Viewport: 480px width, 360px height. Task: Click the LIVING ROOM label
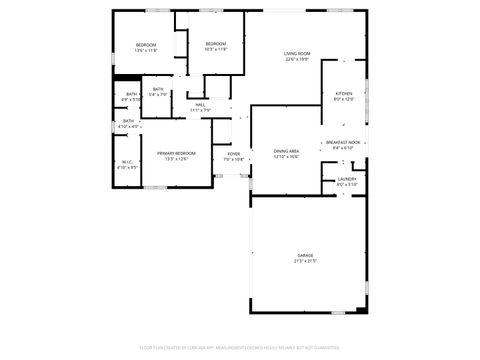pyautogui.click(x=297, y=53)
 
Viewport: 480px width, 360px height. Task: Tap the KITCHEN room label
pyautogui.click(x=343, y=93)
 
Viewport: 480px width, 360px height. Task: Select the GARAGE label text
pyautogui.click(x=305, y=255)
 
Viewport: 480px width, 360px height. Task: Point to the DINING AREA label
pyautogui.click(x=287, y=151)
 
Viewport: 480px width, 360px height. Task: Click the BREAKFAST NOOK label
pyautogui.click(x=343, y=142)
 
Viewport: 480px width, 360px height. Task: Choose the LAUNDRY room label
pyautogui.click(x=346, y=179)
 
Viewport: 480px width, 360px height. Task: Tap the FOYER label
pyautogui.click(x=233, y=153)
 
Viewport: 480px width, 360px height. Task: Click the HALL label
pyautogui.click(x=200, y=104)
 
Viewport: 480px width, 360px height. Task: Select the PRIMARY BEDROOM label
pyautogui.click(x=176, y=153)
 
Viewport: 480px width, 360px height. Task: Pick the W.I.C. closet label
pyautogui.click(x=127, y=162)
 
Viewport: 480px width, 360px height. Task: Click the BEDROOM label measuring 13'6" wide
pyautogui.click(x=147, y=45)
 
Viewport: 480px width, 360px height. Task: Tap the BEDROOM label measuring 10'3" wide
pyautogui.click(x=216, y=44)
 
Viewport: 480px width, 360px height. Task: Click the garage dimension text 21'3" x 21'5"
pyautogui.click(x=305, y=261)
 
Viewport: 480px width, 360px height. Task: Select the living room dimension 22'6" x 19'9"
pyautogui.click(x=297, y=59)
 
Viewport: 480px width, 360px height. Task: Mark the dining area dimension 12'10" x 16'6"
pyautogui.click(x=287, y=157)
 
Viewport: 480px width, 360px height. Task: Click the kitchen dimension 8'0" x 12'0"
pyautogui.click(x=343, y=99)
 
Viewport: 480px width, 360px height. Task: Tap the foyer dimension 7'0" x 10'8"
pyautogui.click(x=233, y=159)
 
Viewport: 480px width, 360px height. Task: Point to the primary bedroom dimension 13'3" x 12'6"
pyautogui.click(x=176, y=159)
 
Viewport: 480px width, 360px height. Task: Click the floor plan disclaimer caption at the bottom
pyautogui.click(x=240, y=347)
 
